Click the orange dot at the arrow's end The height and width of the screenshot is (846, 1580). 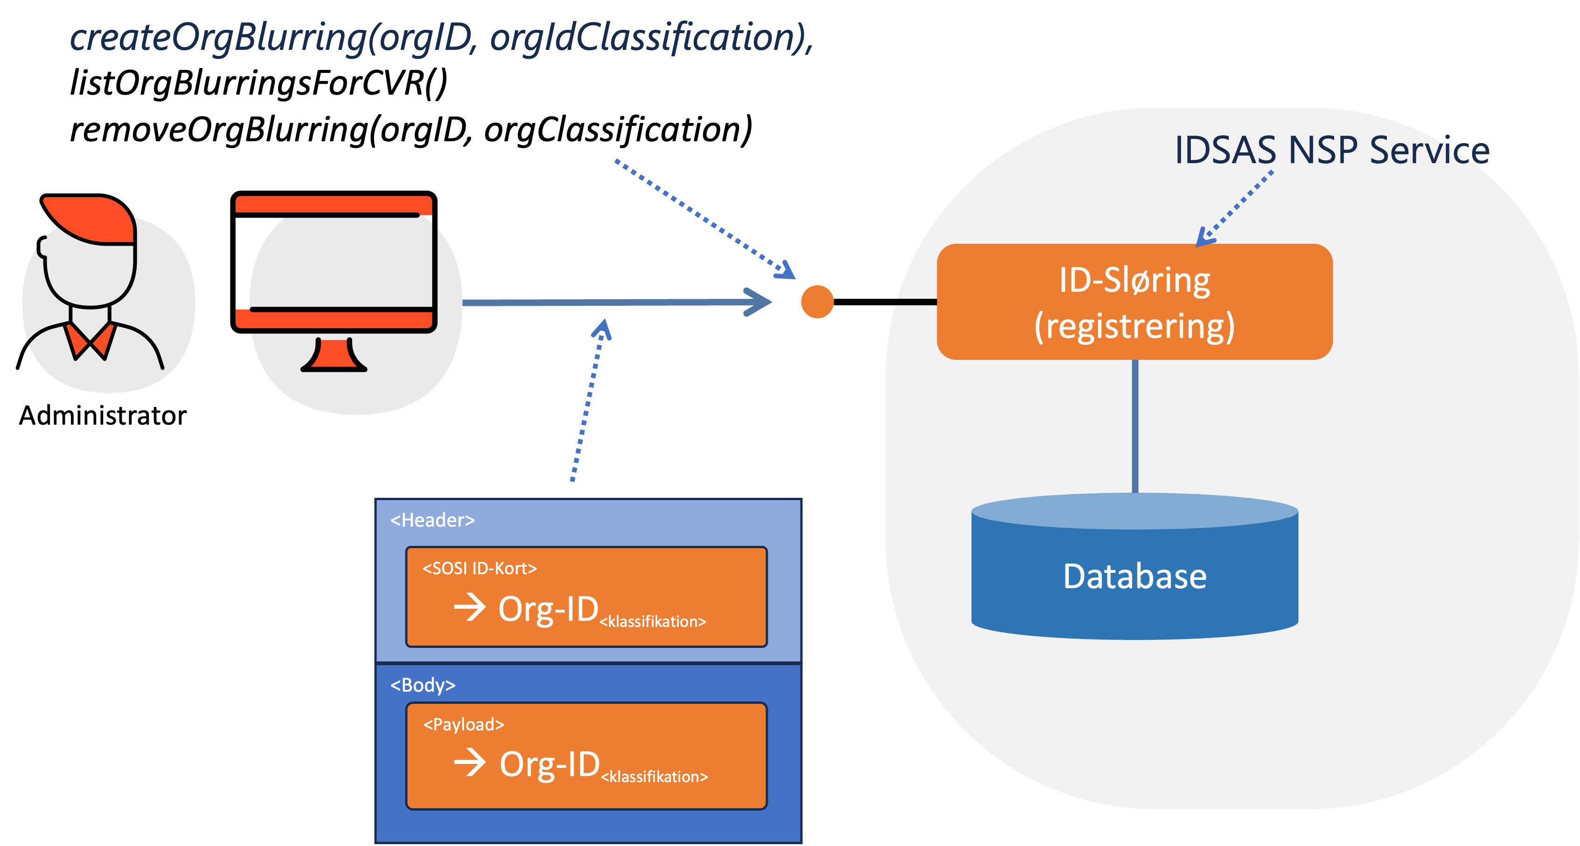click(817, 302)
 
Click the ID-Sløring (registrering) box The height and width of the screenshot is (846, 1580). click(1134, 302)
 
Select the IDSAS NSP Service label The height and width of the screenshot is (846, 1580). click(1331, 150)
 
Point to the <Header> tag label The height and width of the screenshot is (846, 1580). click(432, 520)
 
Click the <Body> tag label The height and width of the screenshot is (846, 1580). click(423, 685)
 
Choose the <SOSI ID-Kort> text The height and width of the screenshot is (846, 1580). click(479, 568)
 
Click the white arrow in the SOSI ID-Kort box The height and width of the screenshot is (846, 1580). click(470, 607)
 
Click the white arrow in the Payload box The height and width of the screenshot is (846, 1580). click(470, 763)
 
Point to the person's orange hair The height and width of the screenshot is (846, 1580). click(92, 219)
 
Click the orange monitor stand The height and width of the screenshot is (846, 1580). click(334, 356)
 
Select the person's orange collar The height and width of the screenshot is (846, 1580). click(91, 340)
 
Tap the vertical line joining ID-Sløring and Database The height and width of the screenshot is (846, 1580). click(1135, 426)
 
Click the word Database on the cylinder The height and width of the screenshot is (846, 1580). click(1135, 576)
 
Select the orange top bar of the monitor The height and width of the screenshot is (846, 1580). click(334, 204)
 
